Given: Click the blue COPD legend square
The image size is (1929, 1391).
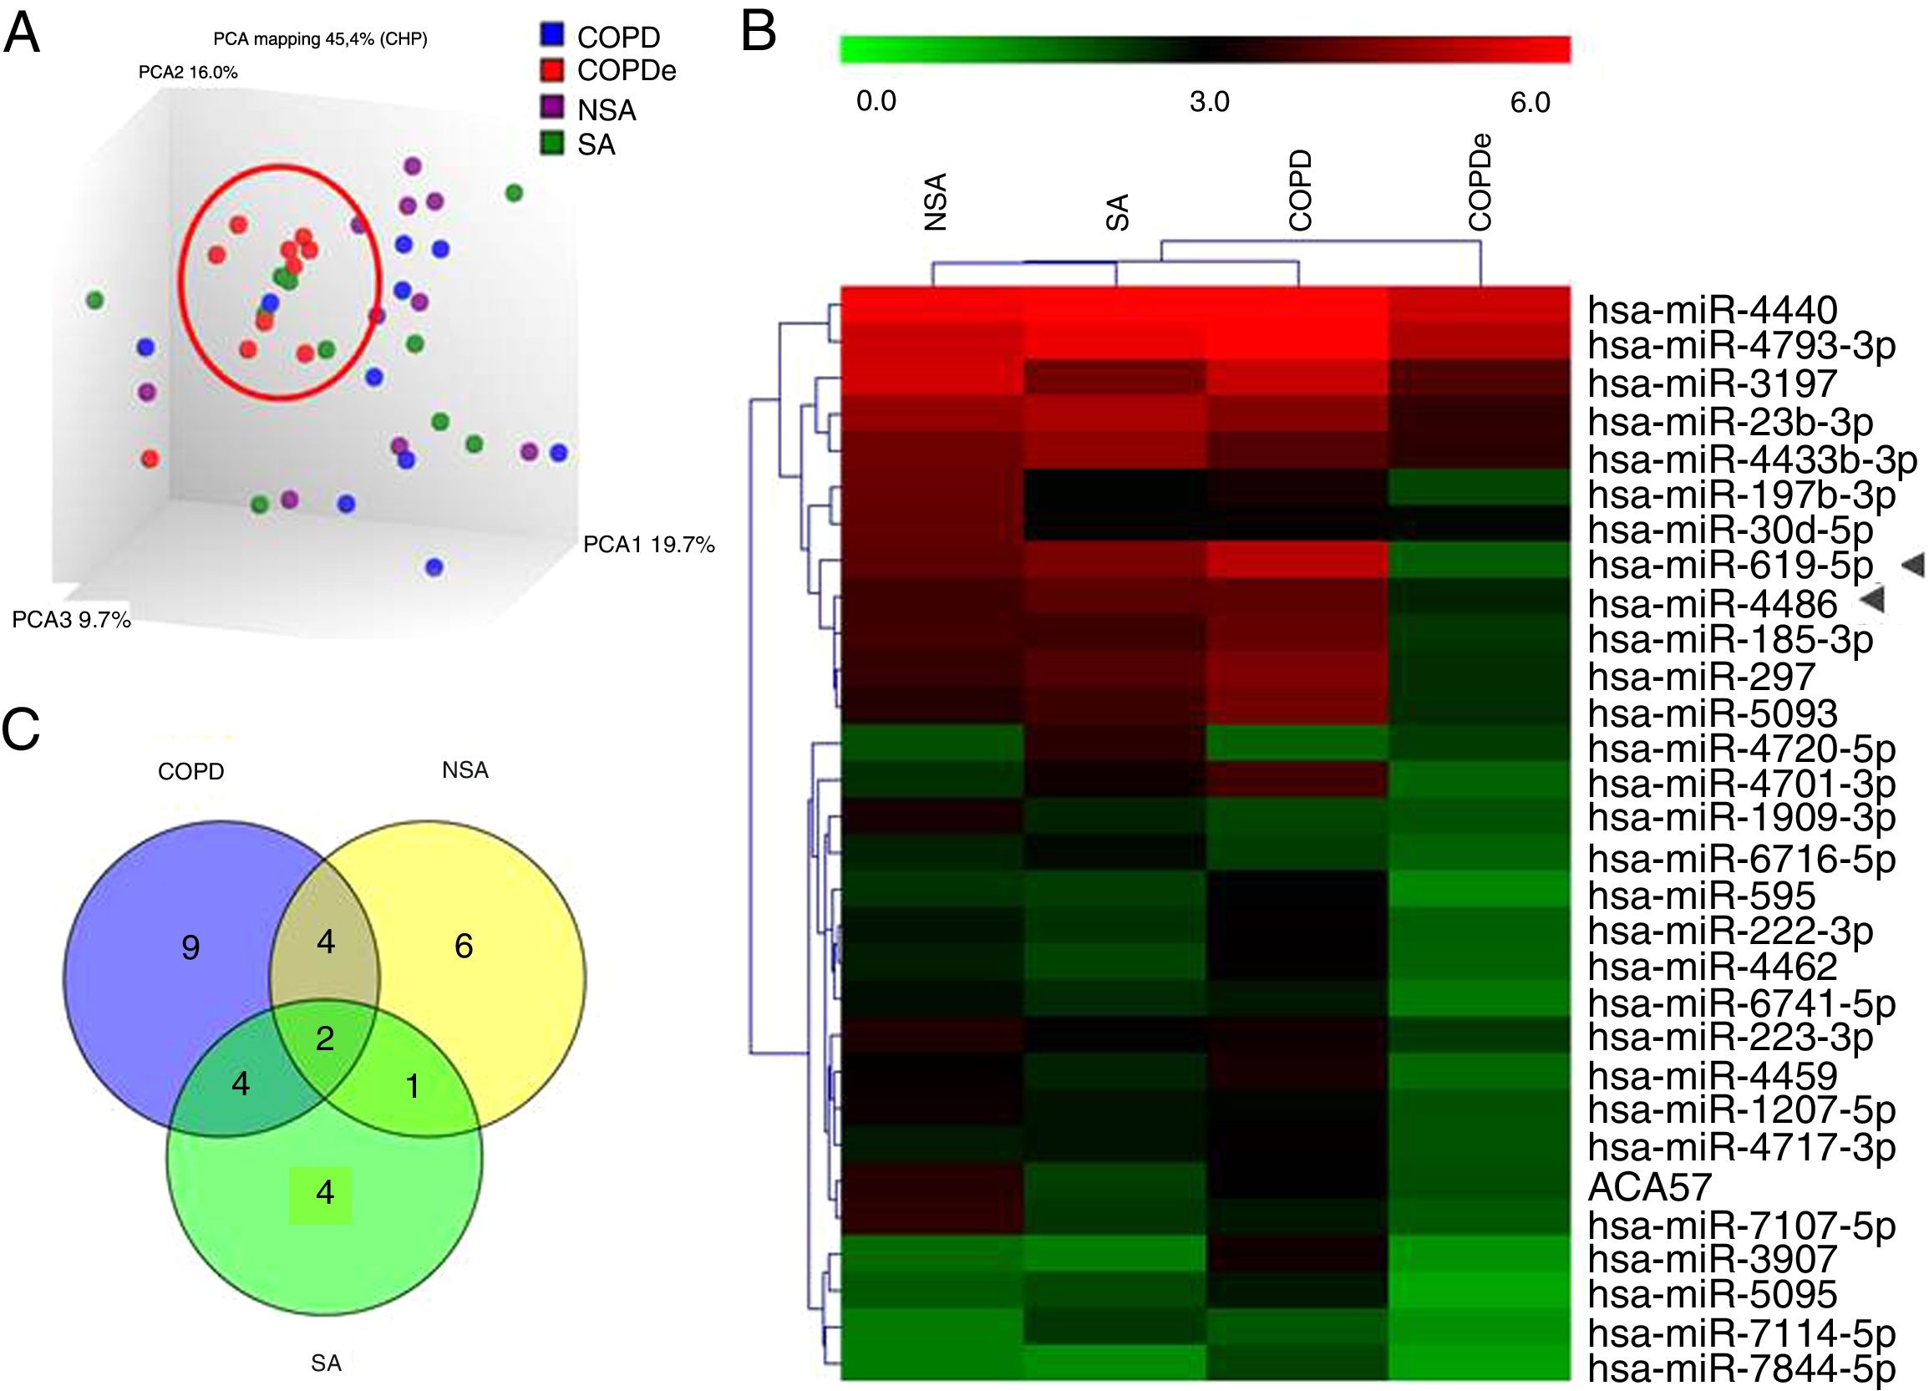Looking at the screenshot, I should pos(552,35).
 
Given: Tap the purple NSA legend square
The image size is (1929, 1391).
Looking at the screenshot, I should pos(552,107).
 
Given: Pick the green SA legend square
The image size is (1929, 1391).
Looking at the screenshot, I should pos(552,143).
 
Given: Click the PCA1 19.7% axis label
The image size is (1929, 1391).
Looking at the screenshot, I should pos(648,545).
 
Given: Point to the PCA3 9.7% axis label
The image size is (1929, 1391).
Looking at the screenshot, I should pos(72,619).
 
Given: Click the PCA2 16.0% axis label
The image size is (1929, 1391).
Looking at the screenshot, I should pos(188,73).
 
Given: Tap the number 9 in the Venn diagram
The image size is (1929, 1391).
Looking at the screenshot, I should pos(190,947).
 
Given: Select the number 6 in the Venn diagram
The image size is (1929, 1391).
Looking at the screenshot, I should pos(464,945).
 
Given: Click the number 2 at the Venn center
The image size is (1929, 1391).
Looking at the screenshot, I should pos(325,1038).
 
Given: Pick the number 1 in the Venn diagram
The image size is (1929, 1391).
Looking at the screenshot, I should pos(414,1086).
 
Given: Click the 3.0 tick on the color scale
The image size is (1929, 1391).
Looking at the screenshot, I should pos(1209,102).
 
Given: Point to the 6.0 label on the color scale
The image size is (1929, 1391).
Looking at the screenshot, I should pos(1531,102).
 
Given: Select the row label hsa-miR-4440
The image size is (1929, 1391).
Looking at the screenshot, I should pos(1712,310).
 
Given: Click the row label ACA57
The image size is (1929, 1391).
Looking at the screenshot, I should pos(1649,1187).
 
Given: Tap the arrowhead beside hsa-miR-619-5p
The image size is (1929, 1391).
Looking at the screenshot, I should pos(1912,563).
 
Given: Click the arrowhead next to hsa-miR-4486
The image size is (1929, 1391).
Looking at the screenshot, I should pos(1872,600).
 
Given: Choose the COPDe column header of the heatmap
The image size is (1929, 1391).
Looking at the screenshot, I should pos(1480,182).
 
